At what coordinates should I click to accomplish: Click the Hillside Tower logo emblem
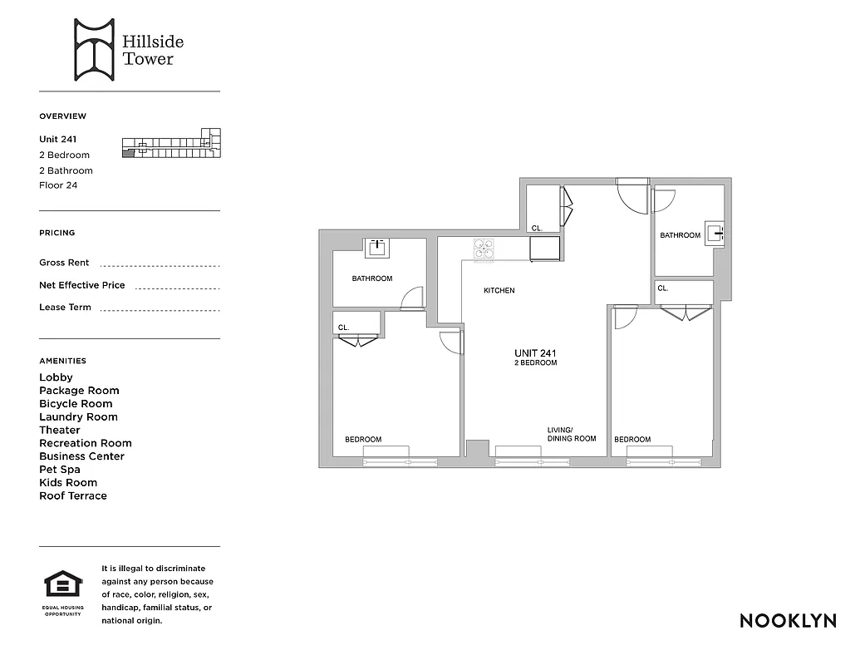[x=93, y=51]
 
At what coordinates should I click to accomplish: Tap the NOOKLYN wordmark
[x=788, y=621]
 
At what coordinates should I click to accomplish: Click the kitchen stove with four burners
[x=484, y=249]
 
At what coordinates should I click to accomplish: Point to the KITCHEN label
[x=499, y=291]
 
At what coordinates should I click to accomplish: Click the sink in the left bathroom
[x=377, y=246]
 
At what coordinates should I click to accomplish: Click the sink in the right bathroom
[x=714, y=231]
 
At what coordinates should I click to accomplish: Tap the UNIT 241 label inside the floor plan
[x=535, y=353]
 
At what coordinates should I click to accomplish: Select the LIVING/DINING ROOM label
[x=571, y=434]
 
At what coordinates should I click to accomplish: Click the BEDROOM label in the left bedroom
[x=363, y=439]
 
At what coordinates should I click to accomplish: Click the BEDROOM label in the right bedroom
[x=632, y=439]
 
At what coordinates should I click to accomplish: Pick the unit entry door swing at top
[x=630, y=198]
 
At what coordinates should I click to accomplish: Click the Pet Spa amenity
[x=61, y=470]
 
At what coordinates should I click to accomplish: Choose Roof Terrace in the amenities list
[x=73, y=496]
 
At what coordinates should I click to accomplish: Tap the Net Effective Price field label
[x=81, y=285]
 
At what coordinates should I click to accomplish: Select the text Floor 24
[x=58, y=185]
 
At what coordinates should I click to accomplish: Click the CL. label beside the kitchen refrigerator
[x=537, y=228]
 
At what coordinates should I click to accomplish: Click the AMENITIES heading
[x=62, y=361]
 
